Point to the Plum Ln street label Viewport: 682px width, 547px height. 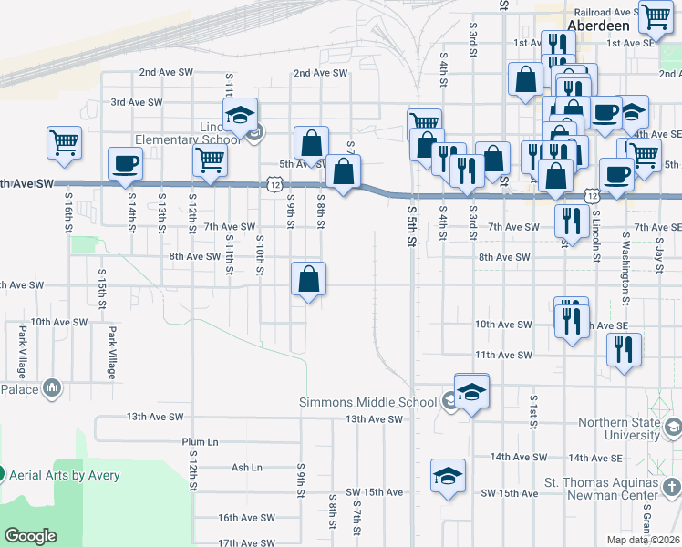click(200, 442)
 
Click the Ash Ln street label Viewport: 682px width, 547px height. click(246, 468)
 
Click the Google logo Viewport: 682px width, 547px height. click(30, 536)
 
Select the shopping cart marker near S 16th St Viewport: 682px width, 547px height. click(64, 142)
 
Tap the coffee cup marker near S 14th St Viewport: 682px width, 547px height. click(125, 164)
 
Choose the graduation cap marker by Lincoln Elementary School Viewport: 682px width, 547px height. click(240, 115)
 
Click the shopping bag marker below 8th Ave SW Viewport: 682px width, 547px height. click(309, 279)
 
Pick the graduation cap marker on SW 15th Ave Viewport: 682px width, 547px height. click(448, 476)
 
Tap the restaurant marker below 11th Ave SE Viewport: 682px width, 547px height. click(624, 349)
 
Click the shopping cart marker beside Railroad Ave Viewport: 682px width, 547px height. click(655, 15)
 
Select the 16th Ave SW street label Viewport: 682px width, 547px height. click(246, 518)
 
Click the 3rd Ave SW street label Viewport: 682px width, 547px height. click(137, 103)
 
